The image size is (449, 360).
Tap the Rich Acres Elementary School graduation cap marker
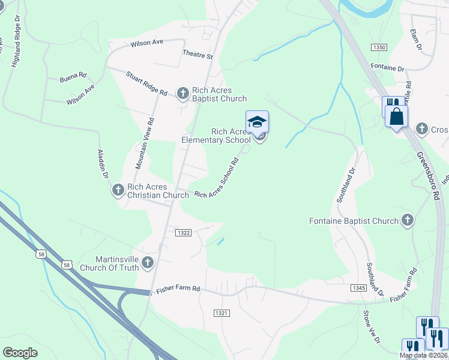tap(257, 122)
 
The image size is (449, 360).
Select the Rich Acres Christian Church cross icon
tap(118, 190)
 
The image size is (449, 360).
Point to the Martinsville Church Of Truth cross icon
tap(148, 262)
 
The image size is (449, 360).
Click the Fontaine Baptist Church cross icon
tap(408, 220)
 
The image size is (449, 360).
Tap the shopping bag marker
tap(397, 116)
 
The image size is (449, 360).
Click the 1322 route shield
tap(183, 232)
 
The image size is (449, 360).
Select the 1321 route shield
tap(221, 313)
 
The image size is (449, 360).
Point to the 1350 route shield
tap(379, 47)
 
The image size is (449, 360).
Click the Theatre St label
tap(198, 55)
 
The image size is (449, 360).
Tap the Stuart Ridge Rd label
tap(146, 83)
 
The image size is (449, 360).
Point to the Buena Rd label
tap(73, 77)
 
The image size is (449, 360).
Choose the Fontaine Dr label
tap(388, 68)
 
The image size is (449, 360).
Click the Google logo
tap(20, 353)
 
